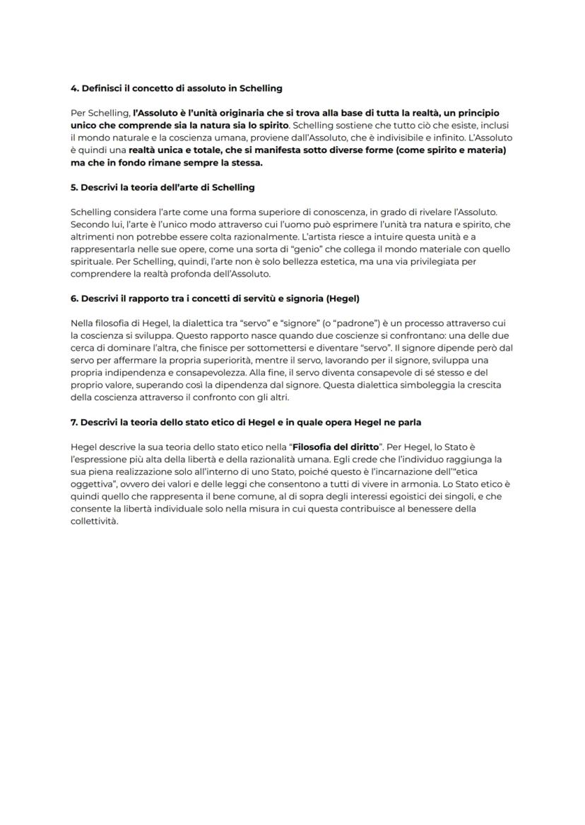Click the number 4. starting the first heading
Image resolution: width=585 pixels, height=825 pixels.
coord(75,88)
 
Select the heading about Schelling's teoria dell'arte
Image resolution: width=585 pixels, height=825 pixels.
coord(162,188)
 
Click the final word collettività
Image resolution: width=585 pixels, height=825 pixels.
coord(95,522)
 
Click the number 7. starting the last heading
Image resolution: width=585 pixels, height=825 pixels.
coord(75,423)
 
